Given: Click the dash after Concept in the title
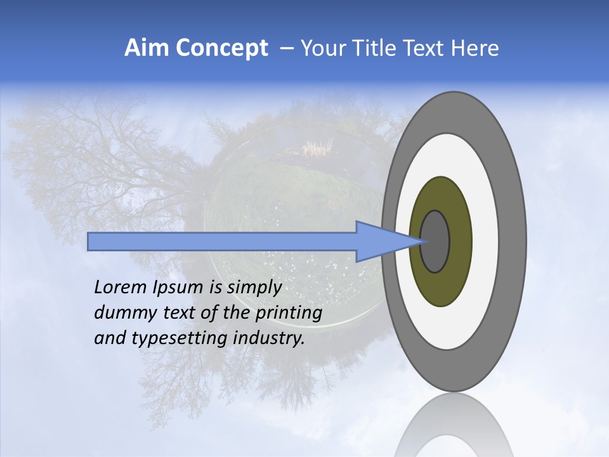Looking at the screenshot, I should [x=286, y=48].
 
